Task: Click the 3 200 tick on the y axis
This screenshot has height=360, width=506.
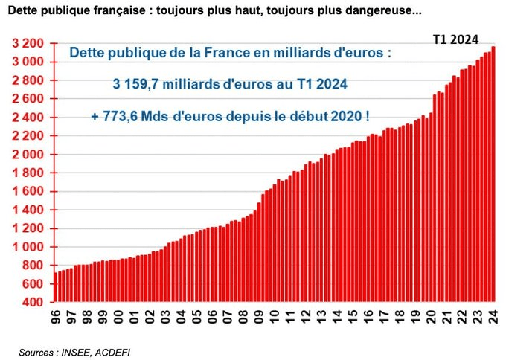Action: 28,43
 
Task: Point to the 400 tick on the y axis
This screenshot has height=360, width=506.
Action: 34,303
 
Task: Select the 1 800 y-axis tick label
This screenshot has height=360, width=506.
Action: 28,173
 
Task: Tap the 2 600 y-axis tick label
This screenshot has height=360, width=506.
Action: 28,99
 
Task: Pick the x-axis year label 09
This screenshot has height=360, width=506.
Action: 258,318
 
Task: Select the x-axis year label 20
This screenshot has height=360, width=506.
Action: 429,318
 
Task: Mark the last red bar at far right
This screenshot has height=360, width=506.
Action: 493,175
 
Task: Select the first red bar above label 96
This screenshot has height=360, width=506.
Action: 56,287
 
